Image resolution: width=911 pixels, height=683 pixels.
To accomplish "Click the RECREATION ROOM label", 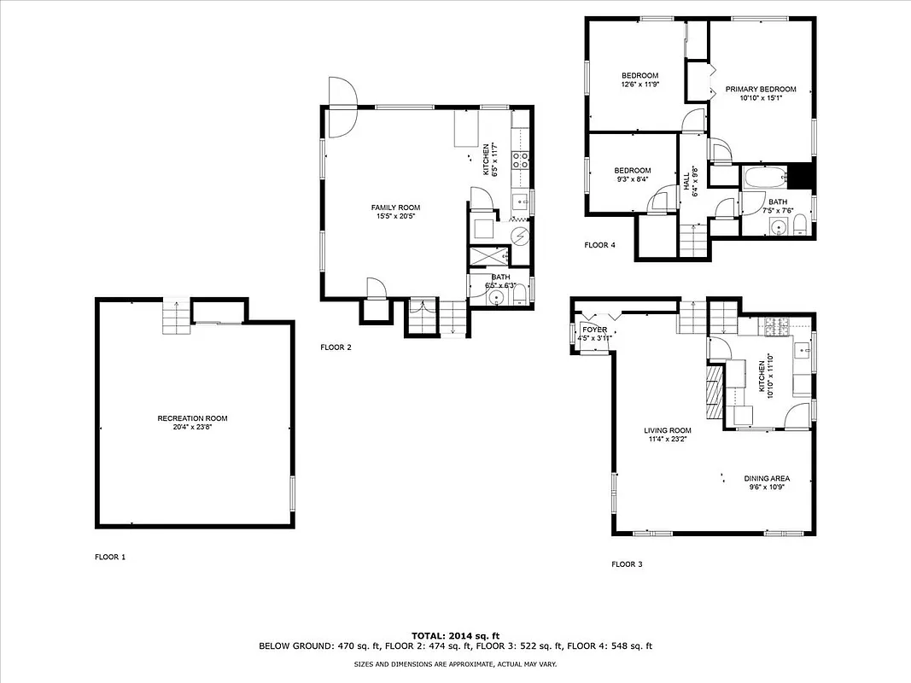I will click(x=192, y=418).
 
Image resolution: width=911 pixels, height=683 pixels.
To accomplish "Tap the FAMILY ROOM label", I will click(x=395, y=207).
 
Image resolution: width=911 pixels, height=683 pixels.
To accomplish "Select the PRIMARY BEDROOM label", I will click(x=761, y=90).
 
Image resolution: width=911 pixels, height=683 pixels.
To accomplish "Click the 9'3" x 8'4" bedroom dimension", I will click(x=632, y=179).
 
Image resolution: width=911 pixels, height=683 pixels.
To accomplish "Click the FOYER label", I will click(x=594, y=330).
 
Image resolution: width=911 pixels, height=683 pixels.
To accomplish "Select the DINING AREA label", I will click(x=766, y=479).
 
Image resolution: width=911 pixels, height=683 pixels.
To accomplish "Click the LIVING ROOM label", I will click(x=668, y=430).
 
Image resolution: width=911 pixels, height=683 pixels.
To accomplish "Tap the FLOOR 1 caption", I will click(x=110, y=557).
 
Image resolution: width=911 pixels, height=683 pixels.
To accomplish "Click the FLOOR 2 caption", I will click(x=336, y=347).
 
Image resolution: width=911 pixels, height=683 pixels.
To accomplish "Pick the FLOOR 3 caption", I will click(x=628, y=564).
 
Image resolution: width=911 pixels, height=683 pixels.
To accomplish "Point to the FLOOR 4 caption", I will click(x=599, y=245).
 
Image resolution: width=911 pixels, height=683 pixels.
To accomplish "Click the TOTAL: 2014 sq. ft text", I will click(x=455, y=636).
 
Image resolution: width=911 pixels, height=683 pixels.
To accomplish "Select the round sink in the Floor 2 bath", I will click(x=497, y=297).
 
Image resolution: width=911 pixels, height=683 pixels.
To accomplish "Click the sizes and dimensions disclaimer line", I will click(x=455, y=663).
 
